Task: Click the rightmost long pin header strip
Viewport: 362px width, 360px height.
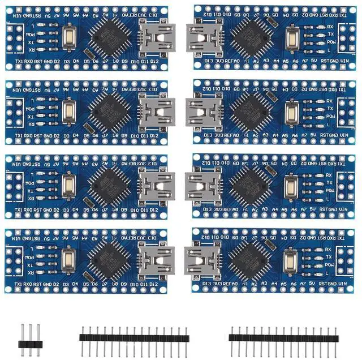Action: point(283,337)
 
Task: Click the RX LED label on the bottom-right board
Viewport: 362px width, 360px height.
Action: point(329,249)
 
